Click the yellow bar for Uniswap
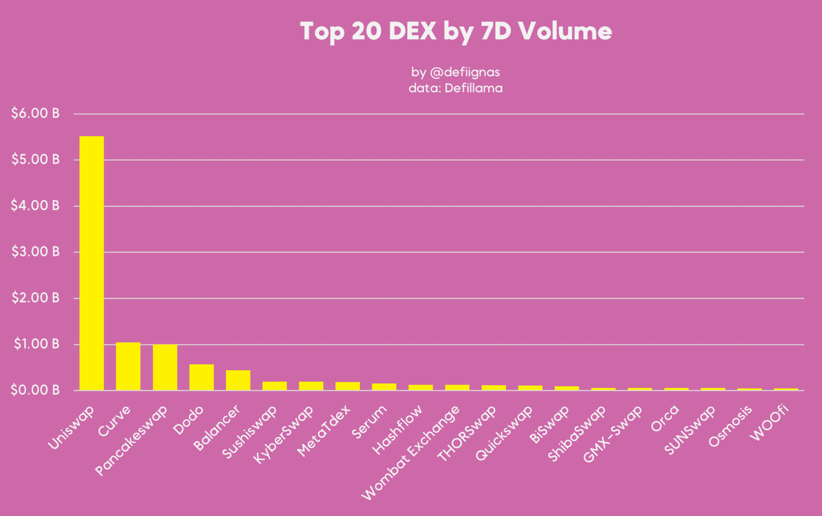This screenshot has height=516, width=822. tap(91, 263)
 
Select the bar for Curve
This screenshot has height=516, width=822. tap(128, 367)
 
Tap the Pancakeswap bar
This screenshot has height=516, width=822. tap(165, 368)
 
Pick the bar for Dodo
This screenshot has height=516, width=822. tap(201, 377)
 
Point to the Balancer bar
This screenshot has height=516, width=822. tap(238, 380)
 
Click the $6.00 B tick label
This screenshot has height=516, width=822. tap(35, 114)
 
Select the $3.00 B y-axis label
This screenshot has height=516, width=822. tap(35, 252)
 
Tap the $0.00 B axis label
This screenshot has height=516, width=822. tap(35, 390)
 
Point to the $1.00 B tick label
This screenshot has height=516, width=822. tap(35, 344)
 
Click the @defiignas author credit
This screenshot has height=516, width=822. tap(456, 72)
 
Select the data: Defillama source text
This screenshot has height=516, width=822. tap(456, 88)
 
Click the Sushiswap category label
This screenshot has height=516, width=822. tap(250, 432)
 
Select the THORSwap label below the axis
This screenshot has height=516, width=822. tap(467, 434)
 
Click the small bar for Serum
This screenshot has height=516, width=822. tap(384, 387)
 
